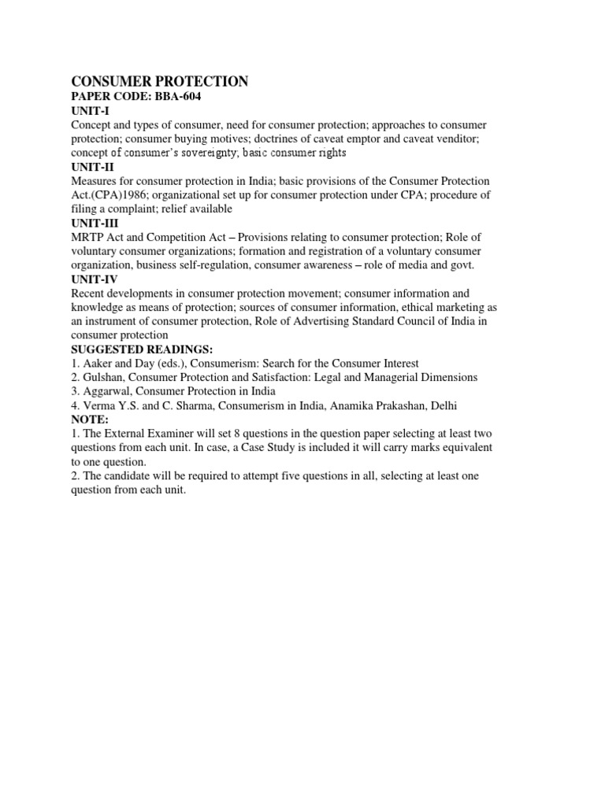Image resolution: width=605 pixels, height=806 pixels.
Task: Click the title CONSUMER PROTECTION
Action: coord(160,82)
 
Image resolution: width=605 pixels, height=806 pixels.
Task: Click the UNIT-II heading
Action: coord(91,167)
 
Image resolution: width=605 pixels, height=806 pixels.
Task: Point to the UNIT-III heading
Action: coord(93,224)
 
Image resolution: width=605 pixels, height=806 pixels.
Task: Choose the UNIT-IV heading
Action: coord(93,279)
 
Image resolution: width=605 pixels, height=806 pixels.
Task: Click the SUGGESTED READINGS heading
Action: coord(141,349)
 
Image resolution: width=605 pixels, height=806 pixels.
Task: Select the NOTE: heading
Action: coord(89,420)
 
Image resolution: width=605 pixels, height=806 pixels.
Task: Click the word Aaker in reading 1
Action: coord(98,364)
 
